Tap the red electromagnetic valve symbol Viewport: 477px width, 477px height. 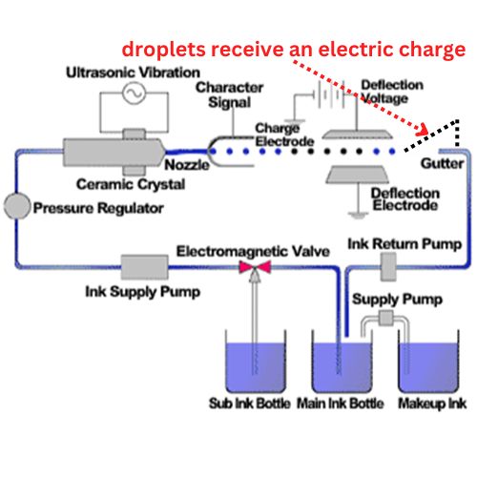255,270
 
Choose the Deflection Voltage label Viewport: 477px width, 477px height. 392,92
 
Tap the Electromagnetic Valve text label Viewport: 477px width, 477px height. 252,250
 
